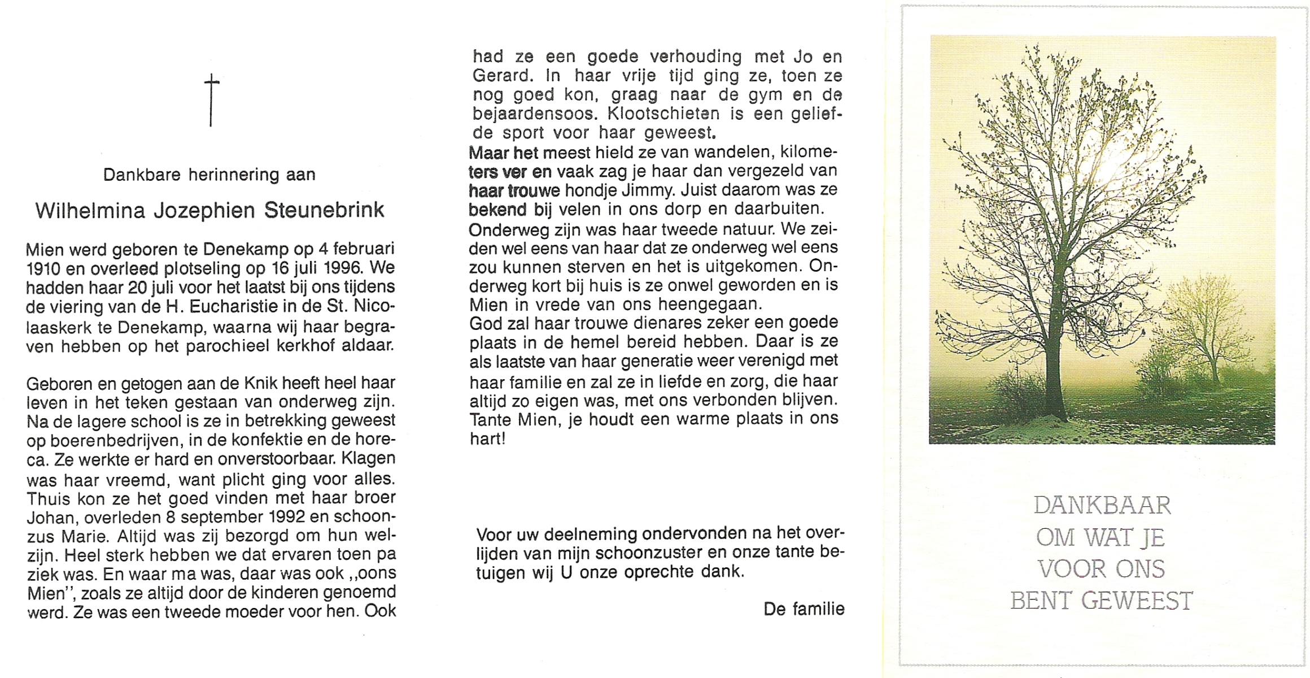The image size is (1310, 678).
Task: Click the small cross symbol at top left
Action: pos(211,99)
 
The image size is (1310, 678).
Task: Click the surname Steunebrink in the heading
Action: pos(324,210)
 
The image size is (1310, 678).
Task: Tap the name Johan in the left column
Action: pos(50,518)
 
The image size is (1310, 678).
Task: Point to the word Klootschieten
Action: pos(663,114)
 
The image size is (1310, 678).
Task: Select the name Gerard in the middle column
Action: pos(501,75)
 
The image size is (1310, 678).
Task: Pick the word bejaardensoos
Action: pos(534,114)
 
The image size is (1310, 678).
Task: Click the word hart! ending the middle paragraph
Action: pos(487,438)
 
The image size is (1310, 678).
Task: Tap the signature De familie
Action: pos(804,609)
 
